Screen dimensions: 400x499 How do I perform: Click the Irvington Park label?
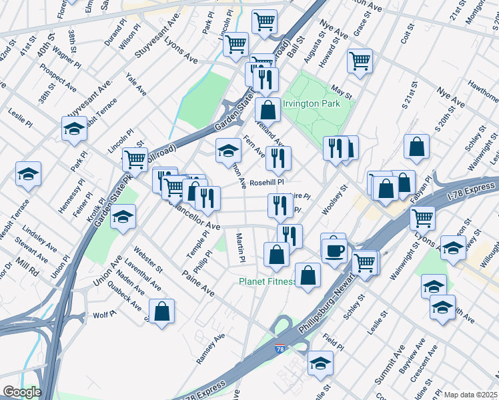[312, 103]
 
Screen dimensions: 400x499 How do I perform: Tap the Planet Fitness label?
[267, 281]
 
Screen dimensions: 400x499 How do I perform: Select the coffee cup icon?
[334, 251]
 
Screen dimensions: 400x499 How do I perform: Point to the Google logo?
[21, 392]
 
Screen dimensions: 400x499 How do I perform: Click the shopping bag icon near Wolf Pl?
[161, 311]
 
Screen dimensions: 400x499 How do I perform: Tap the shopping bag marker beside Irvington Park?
[268, 109]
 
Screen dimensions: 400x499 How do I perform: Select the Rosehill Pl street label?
[267, 182]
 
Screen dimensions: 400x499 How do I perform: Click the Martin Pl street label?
[241, 247]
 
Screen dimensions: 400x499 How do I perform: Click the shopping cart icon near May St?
[360, 61]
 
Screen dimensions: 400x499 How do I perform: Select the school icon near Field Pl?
[320, 363]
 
